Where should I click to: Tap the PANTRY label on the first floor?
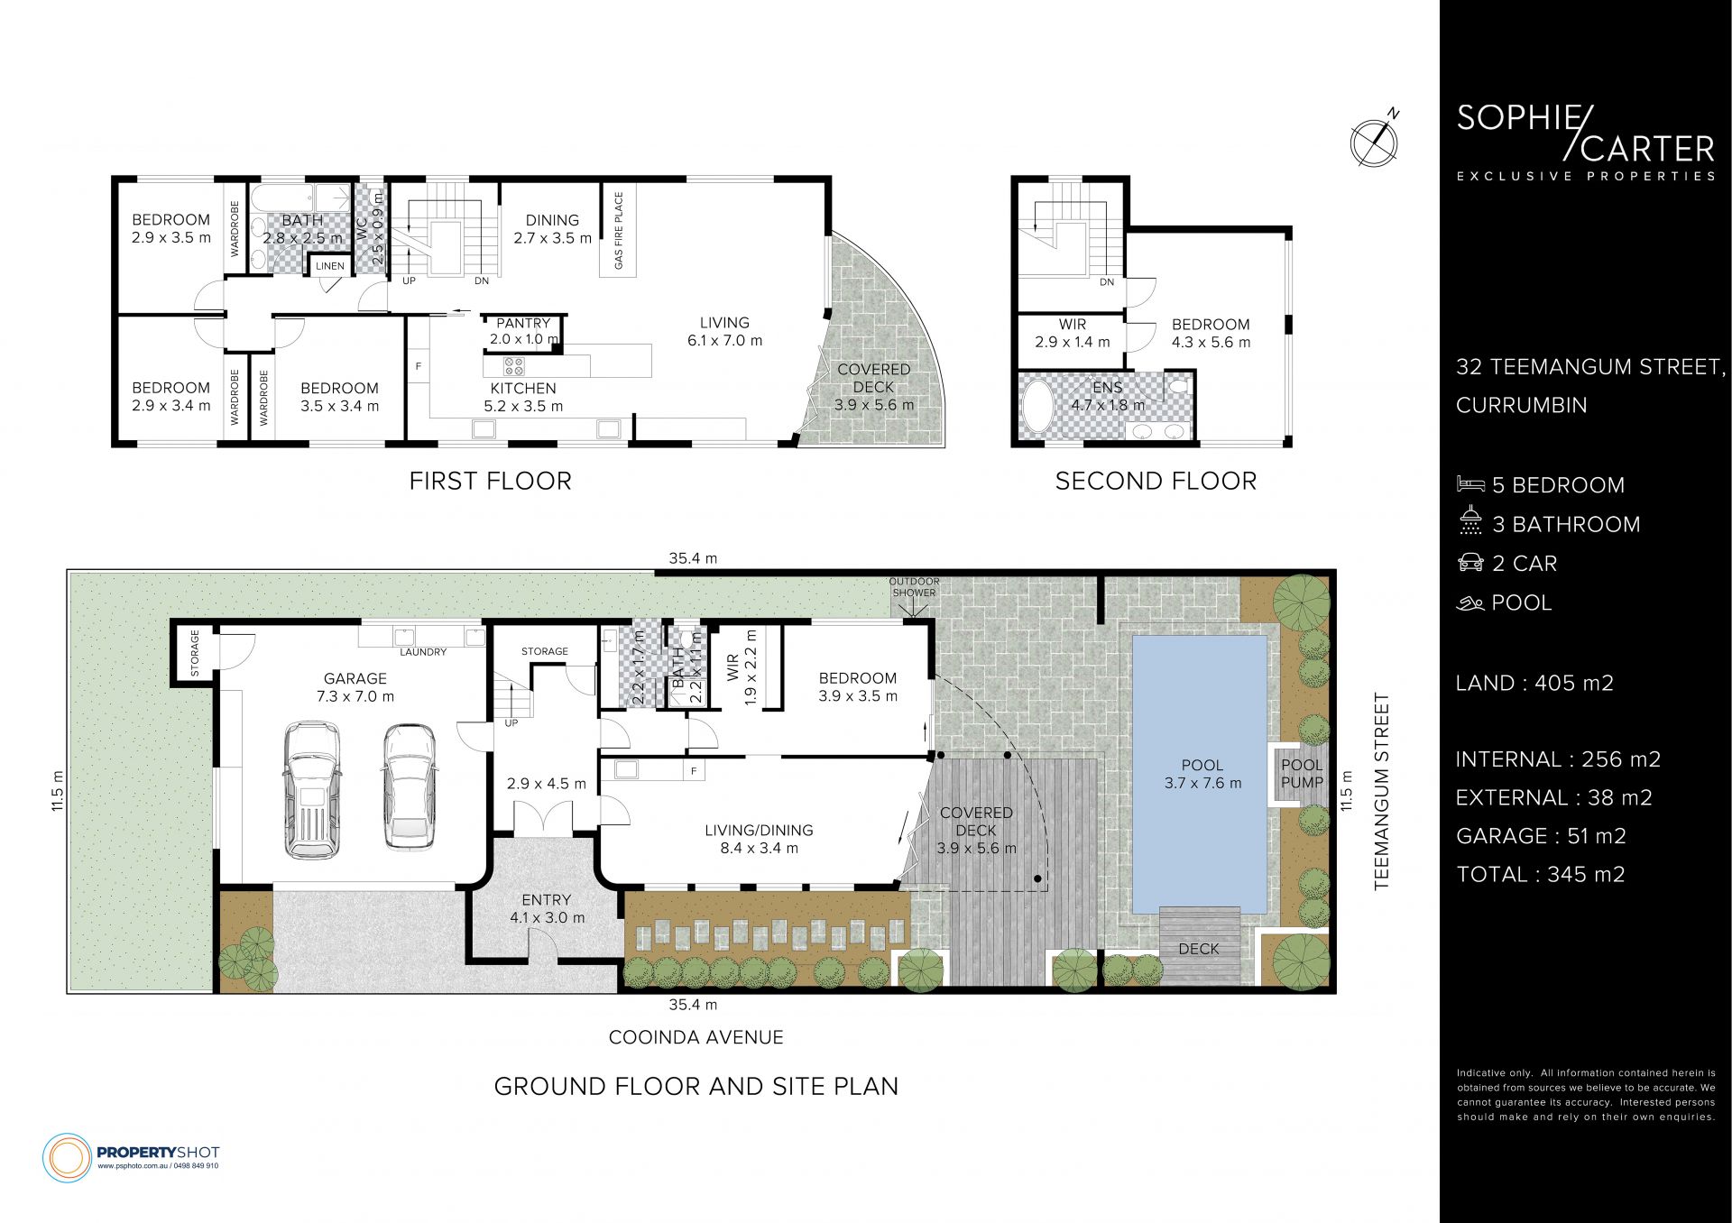tap(523, 323)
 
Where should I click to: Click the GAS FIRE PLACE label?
tap(619, 231)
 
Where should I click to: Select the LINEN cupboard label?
tap(330, 266)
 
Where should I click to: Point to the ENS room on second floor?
tap(1108, 388)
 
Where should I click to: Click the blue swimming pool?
tap(1200, 774)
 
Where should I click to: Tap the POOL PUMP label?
tap(1302, 774)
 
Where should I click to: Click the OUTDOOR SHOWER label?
tap(915, 587)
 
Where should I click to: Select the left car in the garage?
tap(312, 788)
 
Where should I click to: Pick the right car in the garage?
tap(409, 786)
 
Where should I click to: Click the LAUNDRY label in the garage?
tap(423, 652)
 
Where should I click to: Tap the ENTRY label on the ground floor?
tap(546, 900)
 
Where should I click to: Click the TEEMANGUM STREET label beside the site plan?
tap(1382, 792)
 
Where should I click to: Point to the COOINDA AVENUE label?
tap(696, 1037)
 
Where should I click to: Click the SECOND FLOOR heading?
tap(1156, 482)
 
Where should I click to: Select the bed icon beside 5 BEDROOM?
tap(1470, 484)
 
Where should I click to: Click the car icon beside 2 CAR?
tap(1470, 563)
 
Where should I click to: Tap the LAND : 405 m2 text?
tap(1534, 684)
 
